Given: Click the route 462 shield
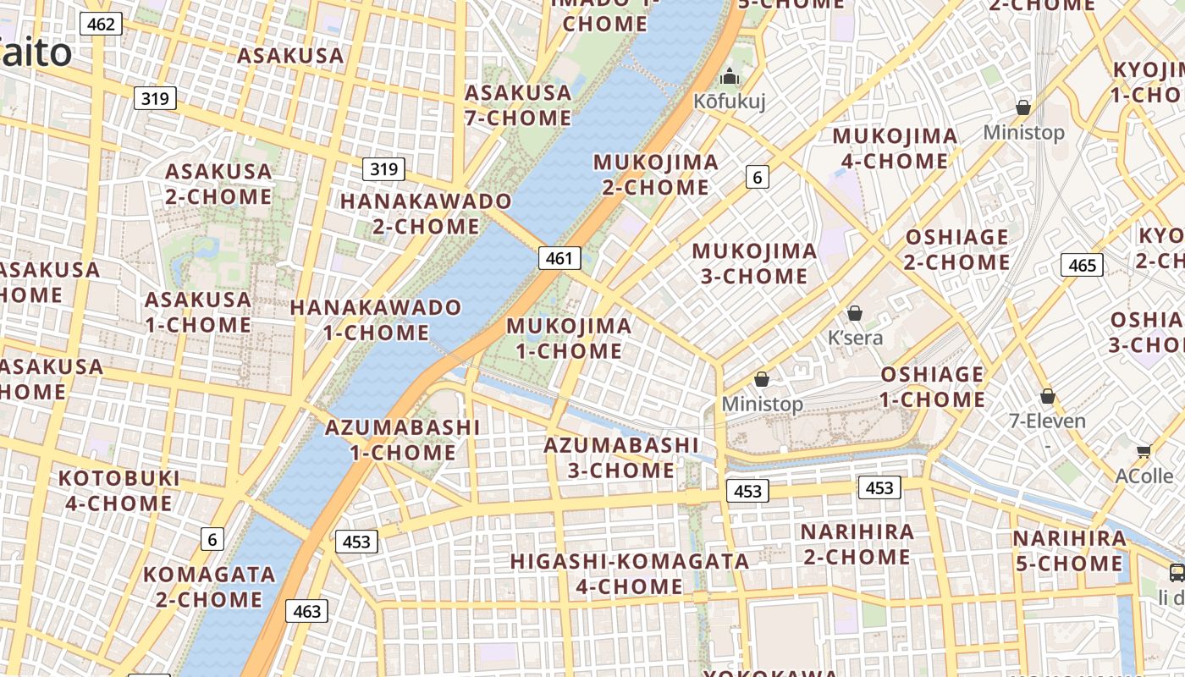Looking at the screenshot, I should point(101,24).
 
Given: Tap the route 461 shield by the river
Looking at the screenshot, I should point(559,258).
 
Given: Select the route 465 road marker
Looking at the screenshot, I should point(1082,265).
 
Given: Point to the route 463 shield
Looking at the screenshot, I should point(306,610).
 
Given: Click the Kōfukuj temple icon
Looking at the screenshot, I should point(730,78).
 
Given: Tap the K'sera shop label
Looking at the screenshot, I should point(855,338).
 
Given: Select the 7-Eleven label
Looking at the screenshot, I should point(1047,421).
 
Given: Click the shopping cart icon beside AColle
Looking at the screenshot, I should point(1144,452).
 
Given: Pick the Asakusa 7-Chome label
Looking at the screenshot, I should point(518,105).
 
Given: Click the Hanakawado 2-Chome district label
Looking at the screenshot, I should point(426,214).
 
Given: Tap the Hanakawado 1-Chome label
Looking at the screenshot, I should point(376,320).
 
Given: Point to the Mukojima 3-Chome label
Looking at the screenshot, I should point(754,263).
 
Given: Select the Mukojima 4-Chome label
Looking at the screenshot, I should point(895,148).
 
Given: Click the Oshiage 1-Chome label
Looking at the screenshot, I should point(932,387).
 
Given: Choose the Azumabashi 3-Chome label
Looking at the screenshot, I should point(621,458).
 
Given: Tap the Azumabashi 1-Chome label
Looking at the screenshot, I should point(402,440).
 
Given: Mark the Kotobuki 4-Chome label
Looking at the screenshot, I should point(118,491).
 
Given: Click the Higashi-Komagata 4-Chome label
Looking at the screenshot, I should point(629,574).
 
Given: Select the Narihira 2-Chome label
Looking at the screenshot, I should point(857,544).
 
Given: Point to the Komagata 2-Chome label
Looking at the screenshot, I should point(209,587).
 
